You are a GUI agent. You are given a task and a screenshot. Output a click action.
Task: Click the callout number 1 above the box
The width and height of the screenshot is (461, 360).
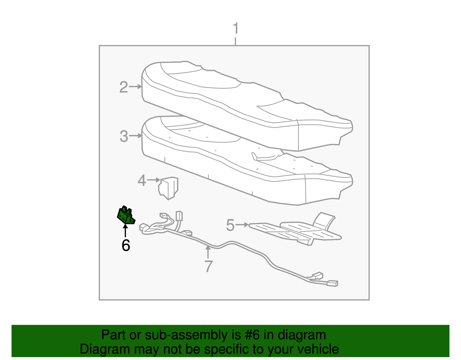[x=236, y=28]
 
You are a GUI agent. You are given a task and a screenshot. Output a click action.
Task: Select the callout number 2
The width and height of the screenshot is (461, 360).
[x=124, y=87]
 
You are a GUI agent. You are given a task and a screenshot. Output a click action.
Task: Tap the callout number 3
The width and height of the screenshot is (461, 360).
[x=124, y=136]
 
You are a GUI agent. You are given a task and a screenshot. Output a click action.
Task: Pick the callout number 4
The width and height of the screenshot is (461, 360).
[x=142, y=180]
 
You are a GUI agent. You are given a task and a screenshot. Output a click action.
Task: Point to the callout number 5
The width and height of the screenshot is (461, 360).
[x=230, y=225]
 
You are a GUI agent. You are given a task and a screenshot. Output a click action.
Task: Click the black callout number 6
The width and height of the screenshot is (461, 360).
[x=126, y=245]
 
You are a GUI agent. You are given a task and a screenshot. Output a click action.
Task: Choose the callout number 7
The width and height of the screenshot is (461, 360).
[x=208, y=266]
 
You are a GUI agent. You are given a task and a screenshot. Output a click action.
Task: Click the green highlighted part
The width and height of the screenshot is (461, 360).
[x=126, y=215]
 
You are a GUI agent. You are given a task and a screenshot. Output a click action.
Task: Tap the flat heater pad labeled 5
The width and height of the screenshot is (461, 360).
[x=295, y=230]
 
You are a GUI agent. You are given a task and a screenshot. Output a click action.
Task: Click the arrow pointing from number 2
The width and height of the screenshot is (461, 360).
[x=135, y=86]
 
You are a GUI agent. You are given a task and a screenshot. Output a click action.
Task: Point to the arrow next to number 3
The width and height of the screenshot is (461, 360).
[x=135, y=135]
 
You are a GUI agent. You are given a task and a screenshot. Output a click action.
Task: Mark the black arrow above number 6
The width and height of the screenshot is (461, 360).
[x=125, y=231]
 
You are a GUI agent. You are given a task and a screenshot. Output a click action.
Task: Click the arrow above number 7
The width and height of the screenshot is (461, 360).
[x=208, y=252]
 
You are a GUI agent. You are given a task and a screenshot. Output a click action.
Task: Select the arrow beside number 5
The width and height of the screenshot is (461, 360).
[x=242, y=225]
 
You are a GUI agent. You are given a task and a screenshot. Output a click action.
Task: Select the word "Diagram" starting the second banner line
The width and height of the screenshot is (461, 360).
[x=105, y=349]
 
